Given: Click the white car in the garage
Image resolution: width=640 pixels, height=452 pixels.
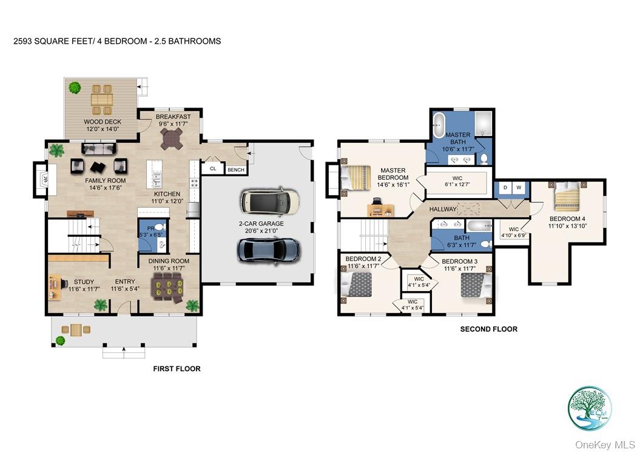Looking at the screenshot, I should (269, 201).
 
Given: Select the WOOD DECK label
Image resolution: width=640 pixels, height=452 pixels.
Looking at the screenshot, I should (103, 125).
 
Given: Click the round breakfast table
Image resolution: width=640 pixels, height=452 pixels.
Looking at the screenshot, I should (172, 139).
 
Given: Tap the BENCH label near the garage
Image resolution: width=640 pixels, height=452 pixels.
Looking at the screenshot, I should (235, 170).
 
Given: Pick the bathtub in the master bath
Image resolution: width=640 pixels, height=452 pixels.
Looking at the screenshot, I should (437, 126).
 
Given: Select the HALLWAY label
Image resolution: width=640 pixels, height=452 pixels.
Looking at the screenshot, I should (443, 209).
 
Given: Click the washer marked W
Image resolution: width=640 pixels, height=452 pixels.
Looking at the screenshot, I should (519, 188).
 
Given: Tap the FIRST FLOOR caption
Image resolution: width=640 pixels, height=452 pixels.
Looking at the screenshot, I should (176, 369).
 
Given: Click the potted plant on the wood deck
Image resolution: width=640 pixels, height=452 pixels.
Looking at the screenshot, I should (75, 88).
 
